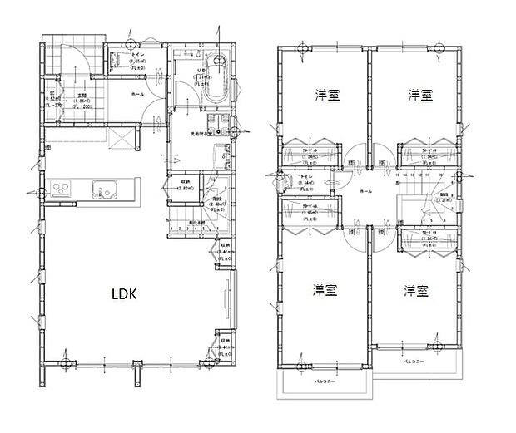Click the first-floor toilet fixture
(x=116, y=59)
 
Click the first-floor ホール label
(x=136, y=95)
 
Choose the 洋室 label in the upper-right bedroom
(x=420, y=95)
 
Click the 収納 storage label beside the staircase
(x=180, y=182)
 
